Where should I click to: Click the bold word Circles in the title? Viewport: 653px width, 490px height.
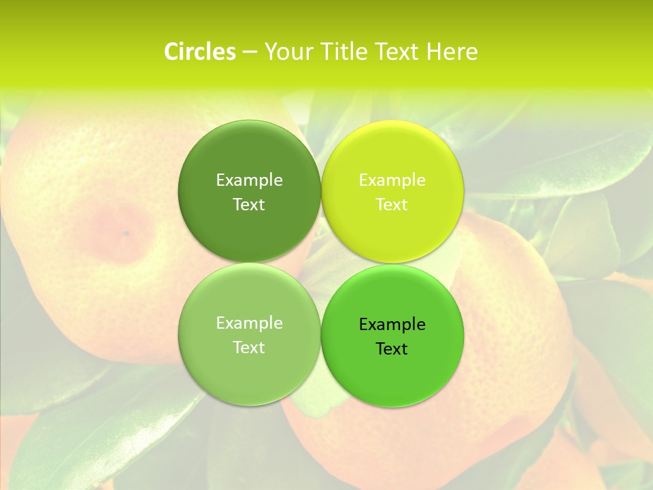[200, 52]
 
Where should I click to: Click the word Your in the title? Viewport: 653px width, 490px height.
[286, 52]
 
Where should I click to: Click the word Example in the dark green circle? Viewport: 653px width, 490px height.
[249, 180]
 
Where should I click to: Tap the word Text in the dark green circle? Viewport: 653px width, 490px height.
[249, 204]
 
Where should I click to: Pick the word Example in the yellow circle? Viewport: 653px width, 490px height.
[392, 180]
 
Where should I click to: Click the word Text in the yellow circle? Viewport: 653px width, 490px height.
[392, 204]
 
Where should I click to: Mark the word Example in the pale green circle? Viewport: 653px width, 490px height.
[249, 323]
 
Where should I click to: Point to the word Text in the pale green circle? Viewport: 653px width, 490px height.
[249, 347]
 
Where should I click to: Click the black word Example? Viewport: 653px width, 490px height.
[392, 325]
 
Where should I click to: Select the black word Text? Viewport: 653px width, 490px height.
[392, 349]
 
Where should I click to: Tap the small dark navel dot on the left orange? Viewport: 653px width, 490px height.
[126, 233]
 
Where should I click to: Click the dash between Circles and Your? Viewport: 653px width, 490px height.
[249, 52]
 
